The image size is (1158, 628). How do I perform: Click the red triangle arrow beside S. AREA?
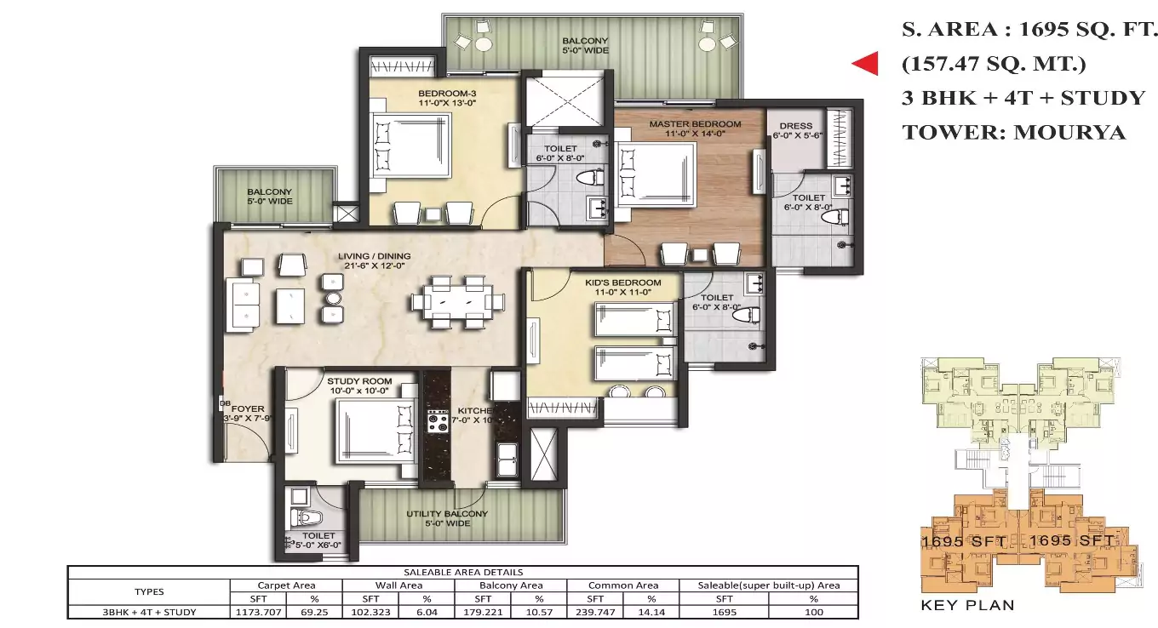point(867,64)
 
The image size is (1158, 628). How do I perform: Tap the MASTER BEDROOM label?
point(695,124)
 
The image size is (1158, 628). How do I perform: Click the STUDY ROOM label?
point(359,381)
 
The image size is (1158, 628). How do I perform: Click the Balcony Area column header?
point(509,585)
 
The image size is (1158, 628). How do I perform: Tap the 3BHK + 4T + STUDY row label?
point(149,612)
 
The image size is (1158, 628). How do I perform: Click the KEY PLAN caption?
point(968,606)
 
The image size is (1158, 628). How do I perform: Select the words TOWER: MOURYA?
point(1013,133)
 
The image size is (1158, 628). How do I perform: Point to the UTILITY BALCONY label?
point(447,514)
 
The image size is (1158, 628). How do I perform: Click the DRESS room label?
point(795,126)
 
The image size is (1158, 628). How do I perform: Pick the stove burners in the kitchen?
point(438,420)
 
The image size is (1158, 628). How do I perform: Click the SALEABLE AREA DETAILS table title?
point(462,573)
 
